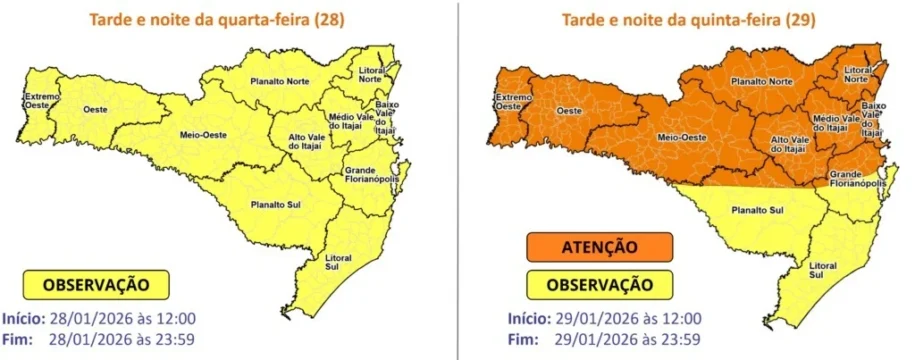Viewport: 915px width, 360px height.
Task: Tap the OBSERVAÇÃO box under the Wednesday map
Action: (x=96, y=285)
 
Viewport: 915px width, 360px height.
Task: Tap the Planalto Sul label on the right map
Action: (x=756, y=209)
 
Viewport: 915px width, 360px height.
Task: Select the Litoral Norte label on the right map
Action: (x=856, y=75)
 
